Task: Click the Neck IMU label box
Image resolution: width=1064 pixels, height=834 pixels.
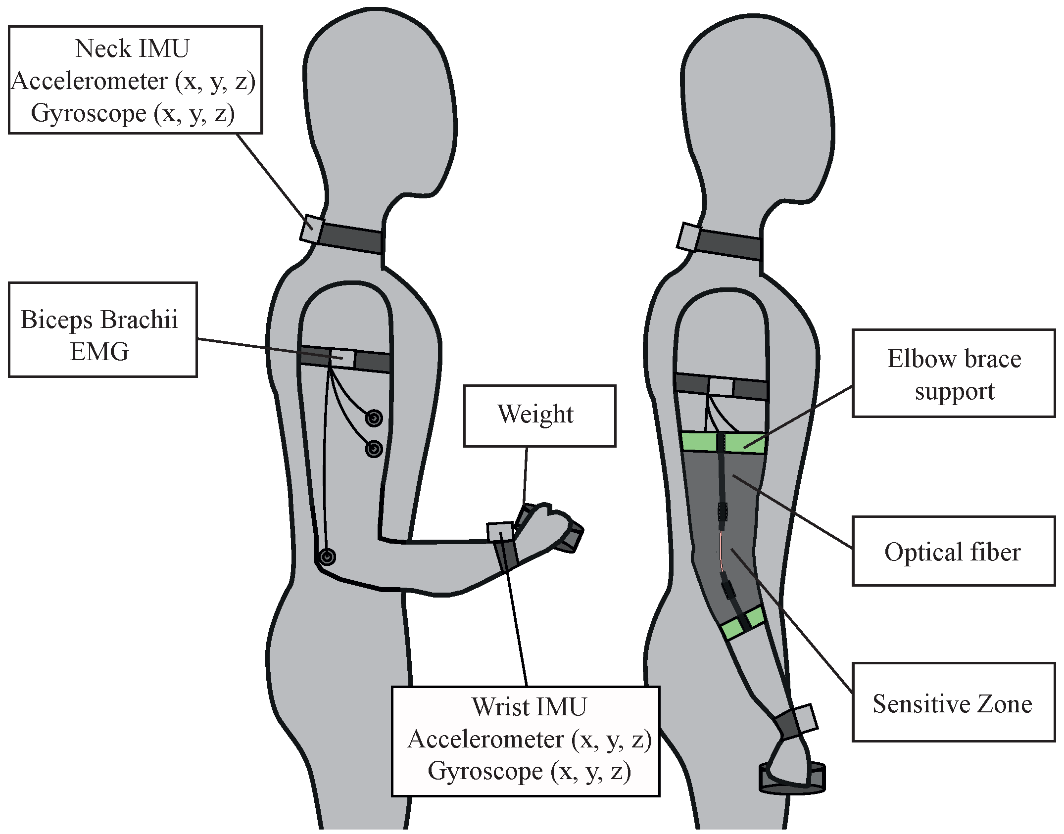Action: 135,80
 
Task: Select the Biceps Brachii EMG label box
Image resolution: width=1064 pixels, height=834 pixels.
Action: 102,330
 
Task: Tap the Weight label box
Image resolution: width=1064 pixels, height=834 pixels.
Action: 539,416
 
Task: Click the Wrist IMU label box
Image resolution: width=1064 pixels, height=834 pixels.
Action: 526,741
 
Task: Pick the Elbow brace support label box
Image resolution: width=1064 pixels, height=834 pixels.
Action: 953,373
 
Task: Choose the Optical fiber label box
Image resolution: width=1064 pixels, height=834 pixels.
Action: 953,551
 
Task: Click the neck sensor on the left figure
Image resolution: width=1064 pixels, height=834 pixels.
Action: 312,229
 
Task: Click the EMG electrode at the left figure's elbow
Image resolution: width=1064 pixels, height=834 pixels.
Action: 327,557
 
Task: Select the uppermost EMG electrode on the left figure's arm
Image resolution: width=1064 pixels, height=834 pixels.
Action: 374,418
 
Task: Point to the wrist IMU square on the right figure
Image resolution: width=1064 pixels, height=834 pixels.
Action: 805,719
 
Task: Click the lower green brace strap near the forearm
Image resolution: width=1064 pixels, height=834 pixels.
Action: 742,623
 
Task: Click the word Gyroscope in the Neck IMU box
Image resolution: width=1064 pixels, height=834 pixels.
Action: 89,113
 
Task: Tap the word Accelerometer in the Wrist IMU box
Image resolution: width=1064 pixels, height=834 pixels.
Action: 485,740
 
